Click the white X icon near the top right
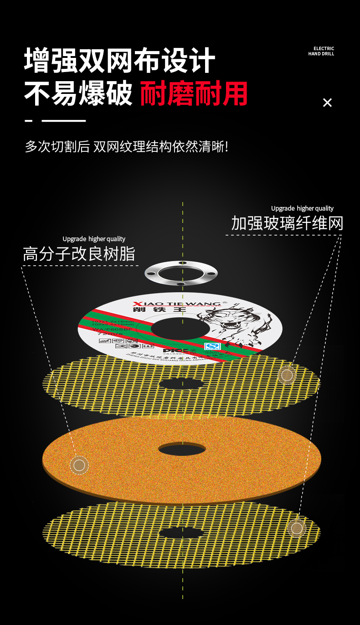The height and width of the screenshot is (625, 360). (327, 103)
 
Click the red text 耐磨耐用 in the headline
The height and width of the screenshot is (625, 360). (194, 93)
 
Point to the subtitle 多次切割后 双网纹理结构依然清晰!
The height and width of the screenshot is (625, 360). (126, 147)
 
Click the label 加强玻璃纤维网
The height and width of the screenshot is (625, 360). (287, 223)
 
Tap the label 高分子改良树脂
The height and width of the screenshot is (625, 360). (79, 254)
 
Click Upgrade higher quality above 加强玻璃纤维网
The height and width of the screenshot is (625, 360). (302, 208)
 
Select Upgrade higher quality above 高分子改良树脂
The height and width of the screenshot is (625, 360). (94, 239)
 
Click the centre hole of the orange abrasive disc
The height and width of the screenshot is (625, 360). (182, 449)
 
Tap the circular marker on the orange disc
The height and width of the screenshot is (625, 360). (79, 465)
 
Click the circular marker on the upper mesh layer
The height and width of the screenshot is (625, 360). (287, 375)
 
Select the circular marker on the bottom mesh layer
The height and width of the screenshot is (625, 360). (297, 528)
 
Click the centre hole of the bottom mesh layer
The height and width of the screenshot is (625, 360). (181, 533)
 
